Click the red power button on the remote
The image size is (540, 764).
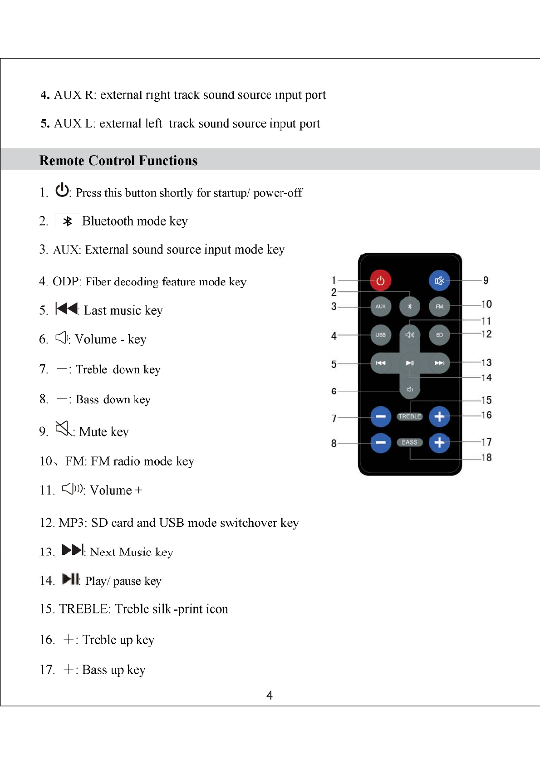point(380,280)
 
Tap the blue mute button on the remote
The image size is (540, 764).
point(439,280)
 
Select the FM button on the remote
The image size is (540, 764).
point(439,306)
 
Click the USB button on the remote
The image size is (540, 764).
point(380,335)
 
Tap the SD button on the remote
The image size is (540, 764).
point(439,335)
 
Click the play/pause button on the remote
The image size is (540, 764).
point(410,363)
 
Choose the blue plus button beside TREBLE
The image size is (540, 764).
point(439,416)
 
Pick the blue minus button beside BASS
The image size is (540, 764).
point(380,442)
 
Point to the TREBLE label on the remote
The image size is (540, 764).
point(410,416)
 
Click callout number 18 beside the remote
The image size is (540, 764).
point(486,457)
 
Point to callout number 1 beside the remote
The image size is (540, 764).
point(334,280)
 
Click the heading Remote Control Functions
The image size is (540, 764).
point(118,161)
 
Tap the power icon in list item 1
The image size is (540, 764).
point(62,190)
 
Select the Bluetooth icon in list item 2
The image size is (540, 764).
point(68,221)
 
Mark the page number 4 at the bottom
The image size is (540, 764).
point(270,695)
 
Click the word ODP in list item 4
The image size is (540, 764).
point(66,282)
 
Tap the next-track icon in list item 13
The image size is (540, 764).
point(73,550)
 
